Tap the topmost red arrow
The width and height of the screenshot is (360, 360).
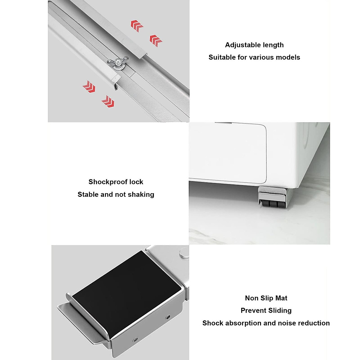point(137,26)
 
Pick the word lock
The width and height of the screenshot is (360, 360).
point(136,182)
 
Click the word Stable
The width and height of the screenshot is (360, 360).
point(88,194)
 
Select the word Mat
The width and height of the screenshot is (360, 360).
point(281,298)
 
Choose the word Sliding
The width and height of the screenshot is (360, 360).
point(280,310)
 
